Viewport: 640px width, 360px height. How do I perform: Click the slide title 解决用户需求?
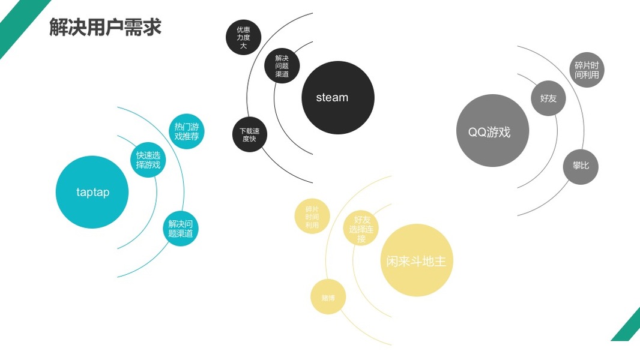tap(105, 28)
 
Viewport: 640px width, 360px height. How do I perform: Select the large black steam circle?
tap(337, 98)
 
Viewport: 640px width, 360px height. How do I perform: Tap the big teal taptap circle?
tap(92, 192)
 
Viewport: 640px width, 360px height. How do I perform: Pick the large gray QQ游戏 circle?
tap(492, 131)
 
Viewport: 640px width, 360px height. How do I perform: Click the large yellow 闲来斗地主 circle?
tap(416, 260)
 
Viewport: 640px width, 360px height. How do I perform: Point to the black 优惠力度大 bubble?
tap(243, 37)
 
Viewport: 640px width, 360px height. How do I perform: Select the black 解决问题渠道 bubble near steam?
tap(282, 66)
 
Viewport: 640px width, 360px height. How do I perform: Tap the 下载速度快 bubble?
tap(249, 134)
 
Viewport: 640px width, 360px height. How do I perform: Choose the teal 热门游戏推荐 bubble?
tap(187, 131)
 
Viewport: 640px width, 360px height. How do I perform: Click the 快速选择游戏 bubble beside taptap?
tap(148, 160)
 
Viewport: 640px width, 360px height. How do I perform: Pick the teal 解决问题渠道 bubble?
tap(181, 229)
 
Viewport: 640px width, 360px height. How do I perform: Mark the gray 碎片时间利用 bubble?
tap(586, 70)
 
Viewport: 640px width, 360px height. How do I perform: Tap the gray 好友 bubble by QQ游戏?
tap(548, 98)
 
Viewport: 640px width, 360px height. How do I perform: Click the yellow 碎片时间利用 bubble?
tap(312, 217)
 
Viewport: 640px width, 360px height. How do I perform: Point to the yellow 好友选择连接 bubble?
tap(361, 229)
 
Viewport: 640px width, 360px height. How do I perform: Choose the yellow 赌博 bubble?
tap(328, 297)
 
